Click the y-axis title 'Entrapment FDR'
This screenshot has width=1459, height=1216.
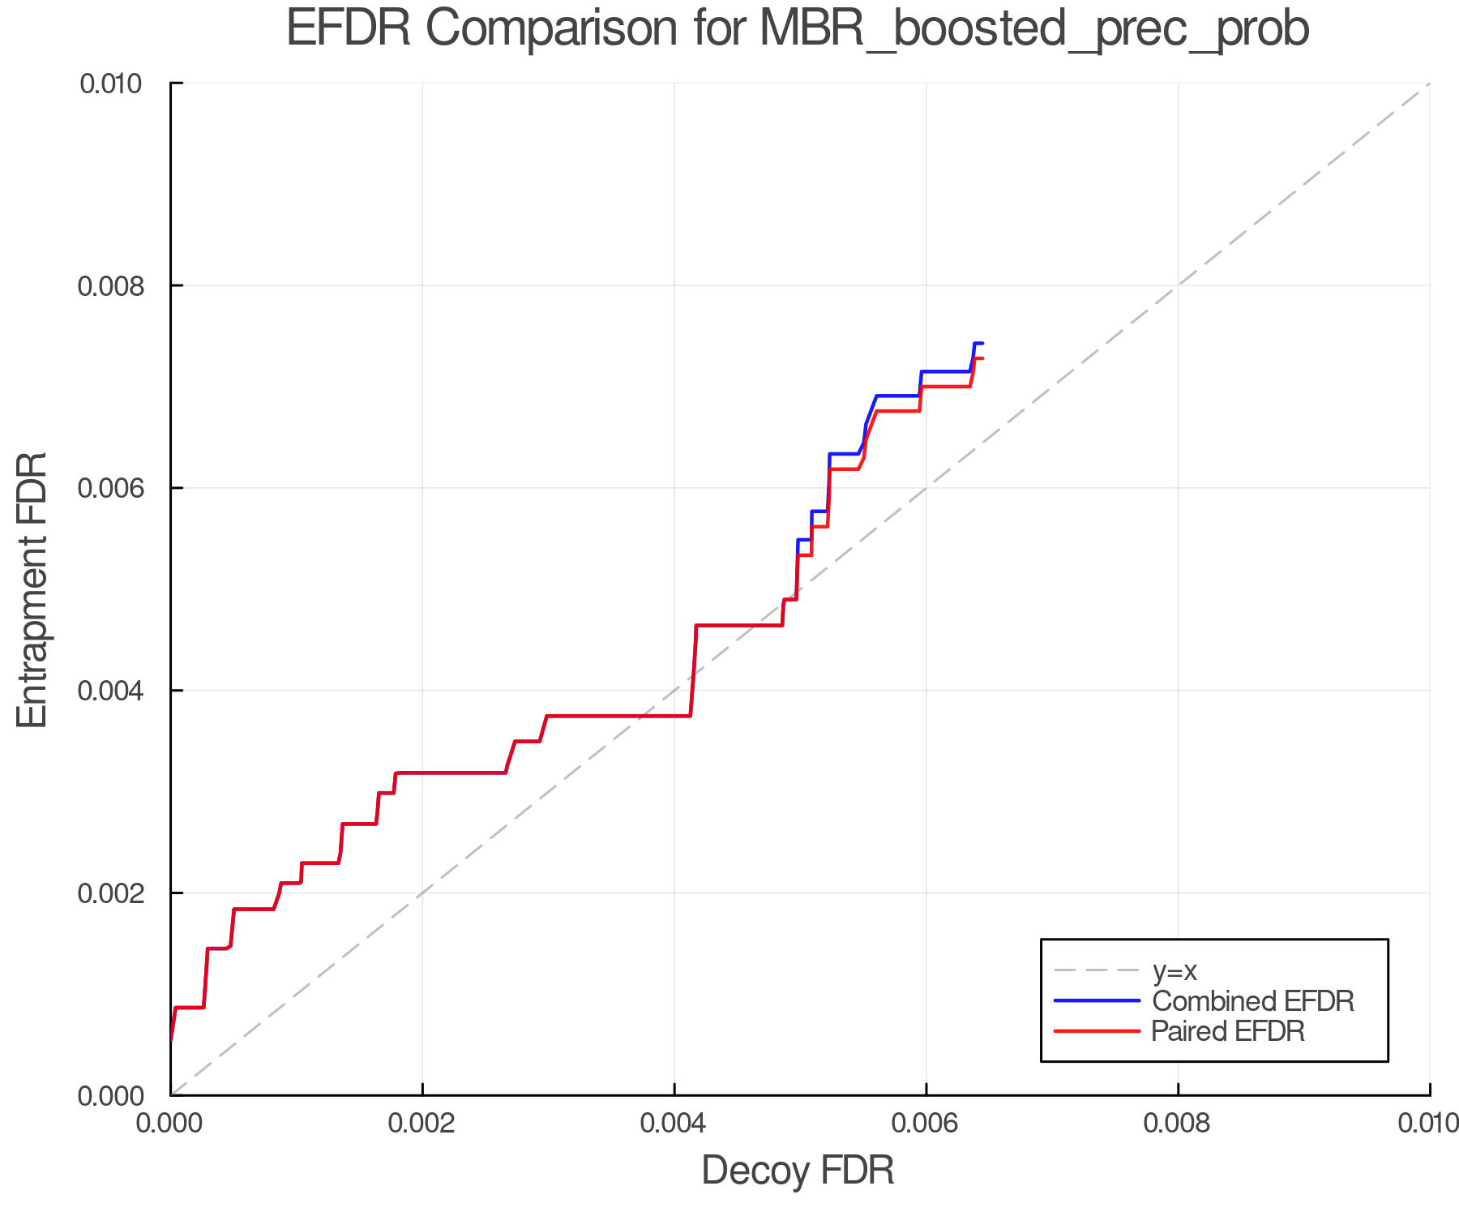click(x=32, y=589)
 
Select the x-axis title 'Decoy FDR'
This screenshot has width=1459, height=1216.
click(x=798, y=1171)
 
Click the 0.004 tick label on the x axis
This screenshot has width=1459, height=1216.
click(x=674, y=1124)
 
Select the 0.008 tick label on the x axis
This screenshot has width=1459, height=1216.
click(x=1178, y=1124)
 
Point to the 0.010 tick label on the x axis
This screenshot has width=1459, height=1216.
click(x=1428, y=1124)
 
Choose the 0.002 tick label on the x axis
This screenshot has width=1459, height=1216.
click(x=422, y=1124)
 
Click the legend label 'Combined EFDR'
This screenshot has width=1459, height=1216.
click(x=1253, y=1001)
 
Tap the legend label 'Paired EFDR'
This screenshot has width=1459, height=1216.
click(x=1228, y=1031)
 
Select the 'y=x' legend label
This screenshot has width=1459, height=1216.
click(x=1174, y=970)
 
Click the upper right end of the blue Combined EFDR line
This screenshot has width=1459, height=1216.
click(x=982, y=344)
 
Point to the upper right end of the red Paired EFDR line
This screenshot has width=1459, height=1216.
click(x=982, y=358)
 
